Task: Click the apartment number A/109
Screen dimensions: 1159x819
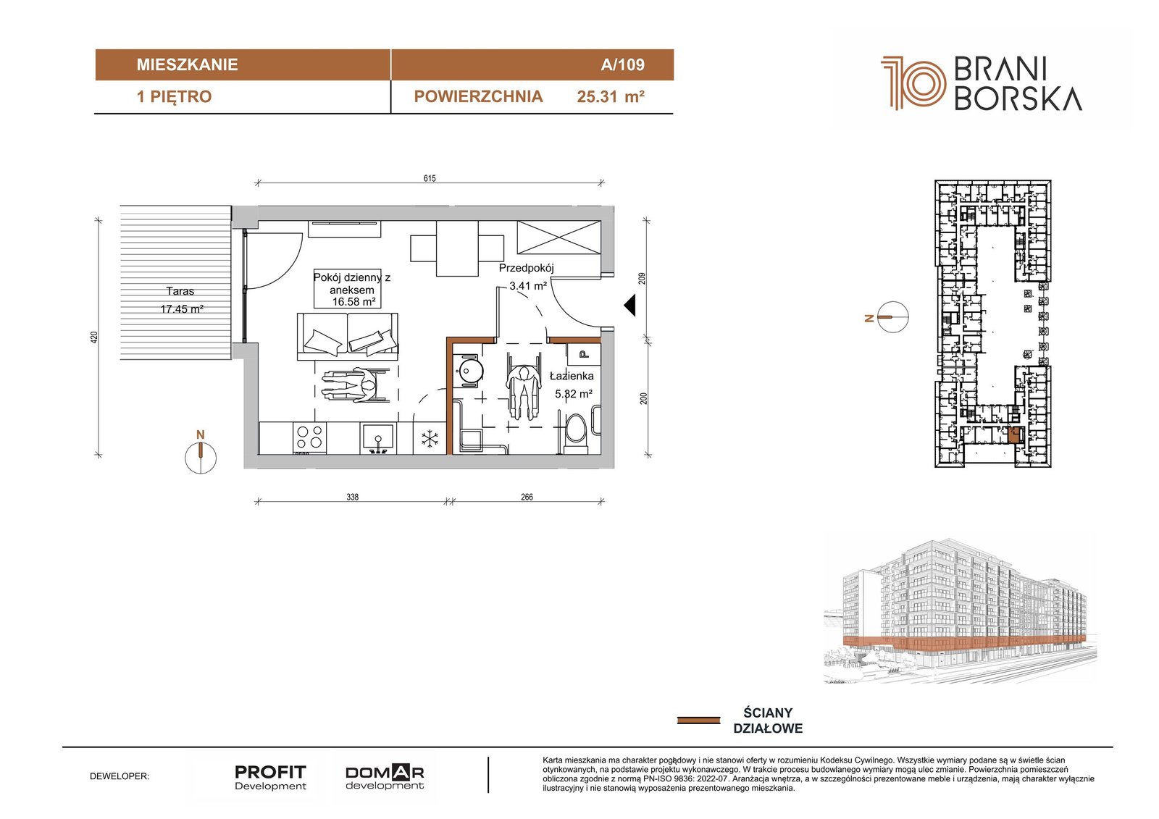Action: pos(622,64)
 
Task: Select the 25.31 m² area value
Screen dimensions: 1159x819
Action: pos(611,97)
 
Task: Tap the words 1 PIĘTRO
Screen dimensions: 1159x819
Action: pos(174,97)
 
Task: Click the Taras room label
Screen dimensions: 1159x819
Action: pos(180,291)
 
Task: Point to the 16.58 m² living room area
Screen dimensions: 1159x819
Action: pos(353,302)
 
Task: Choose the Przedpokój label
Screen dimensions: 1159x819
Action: pos(526,268)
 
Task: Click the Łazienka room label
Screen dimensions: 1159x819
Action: pos(572,376)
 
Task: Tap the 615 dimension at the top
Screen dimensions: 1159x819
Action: pos(430,178)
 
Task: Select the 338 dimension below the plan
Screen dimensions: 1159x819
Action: pos(352,497)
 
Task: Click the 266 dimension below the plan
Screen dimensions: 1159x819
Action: pos(527,497)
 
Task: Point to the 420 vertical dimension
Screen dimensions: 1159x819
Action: pos(94,337)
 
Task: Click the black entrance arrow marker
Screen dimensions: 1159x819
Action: pos(629,306)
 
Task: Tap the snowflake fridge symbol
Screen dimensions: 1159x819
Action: pos(430,440)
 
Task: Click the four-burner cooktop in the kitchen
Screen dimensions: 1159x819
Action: pos(309,437)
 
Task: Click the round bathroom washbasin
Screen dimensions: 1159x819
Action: pos(470,371)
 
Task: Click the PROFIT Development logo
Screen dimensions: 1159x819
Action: pos(270,778)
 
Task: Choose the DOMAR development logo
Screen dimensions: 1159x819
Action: pos(385,776)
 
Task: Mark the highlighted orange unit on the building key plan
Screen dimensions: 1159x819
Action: pos(1013,435)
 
